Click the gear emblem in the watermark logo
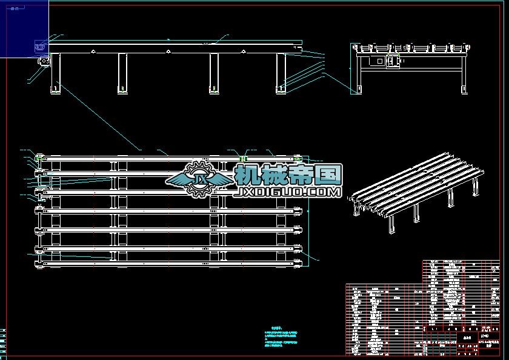pos(199,179)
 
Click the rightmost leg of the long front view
pos(281,73)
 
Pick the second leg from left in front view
pos(122,73)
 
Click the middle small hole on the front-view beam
pos(168,52)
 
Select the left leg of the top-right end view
pos(358,76)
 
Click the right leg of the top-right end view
pos(465,76)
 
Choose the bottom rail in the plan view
pos(170,261)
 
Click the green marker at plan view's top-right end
pos(298,159)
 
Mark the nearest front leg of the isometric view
pos(391,225)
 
